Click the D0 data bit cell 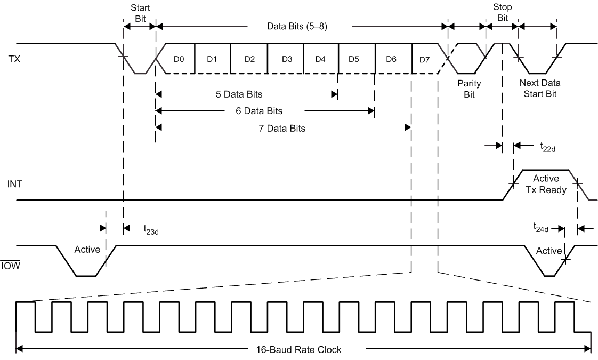[x=179, y=59]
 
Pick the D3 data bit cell [x=286, y=59]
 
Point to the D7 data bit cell [x=424, y=59]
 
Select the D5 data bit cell [x=354, y=59]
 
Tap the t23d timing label [x=150, y=229]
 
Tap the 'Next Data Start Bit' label [x=539, y=89]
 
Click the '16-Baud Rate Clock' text [x=304, y=350]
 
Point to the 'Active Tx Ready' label [x=546, y=185]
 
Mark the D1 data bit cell [x=212, y=59]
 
